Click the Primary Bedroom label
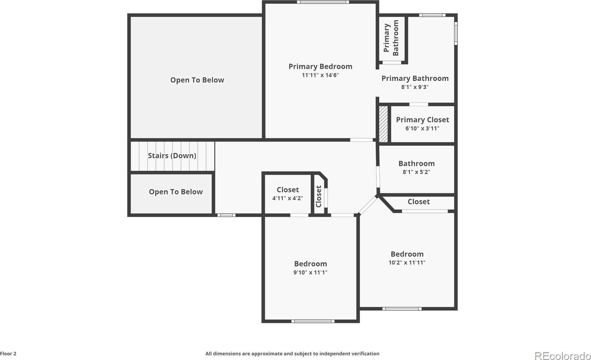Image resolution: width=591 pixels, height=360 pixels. [x=320, y=67]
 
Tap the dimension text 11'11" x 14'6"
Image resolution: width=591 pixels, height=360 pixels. [x=320, y=75]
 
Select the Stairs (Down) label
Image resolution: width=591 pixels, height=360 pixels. [x=172, y=156]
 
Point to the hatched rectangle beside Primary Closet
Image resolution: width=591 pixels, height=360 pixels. [x=383, y=124]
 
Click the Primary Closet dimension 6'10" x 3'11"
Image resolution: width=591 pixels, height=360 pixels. [x=422, y=129]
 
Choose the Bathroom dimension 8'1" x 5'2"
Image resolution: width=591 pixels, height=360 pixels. [x=416, y=172]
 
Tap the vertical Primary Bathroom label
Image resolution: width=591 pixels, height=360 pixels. [x=391, y=38]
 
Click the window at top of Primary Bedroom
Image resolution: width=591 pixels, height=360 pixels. [x=323, y=2]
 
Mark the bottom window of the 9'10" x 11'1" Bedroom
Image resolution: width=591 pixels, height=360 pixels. [x=313, y=321]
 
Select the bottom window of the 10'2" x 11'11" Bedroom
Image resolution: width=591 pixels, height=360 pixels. [x=402, y=309]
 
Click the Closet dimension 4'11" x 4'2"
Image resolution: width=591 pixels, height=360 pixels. [x=288, y=198]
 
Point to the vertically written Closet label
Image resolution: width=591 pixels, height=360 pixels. [x=319, y=196]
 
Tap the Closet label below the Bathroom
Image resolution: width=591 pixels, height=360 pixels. [x=419, y=202]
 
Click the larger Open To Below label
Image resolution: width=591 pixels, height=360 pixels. [x=197, y=80]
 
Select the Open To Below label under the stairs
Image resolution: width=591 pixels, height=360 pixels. [x=176, y=192]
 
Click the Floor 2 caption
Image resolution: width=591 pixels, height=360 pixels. [x=8, y=354]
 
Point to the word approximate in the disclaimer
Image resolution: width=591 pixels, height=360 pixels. [x=269, y=354]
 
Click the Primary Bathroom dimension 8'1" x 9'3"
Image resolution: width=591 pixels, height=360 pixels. [x=415, y=87]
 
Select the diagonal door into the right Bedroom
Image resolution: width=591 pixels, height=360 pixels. [x=368, y=205]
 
